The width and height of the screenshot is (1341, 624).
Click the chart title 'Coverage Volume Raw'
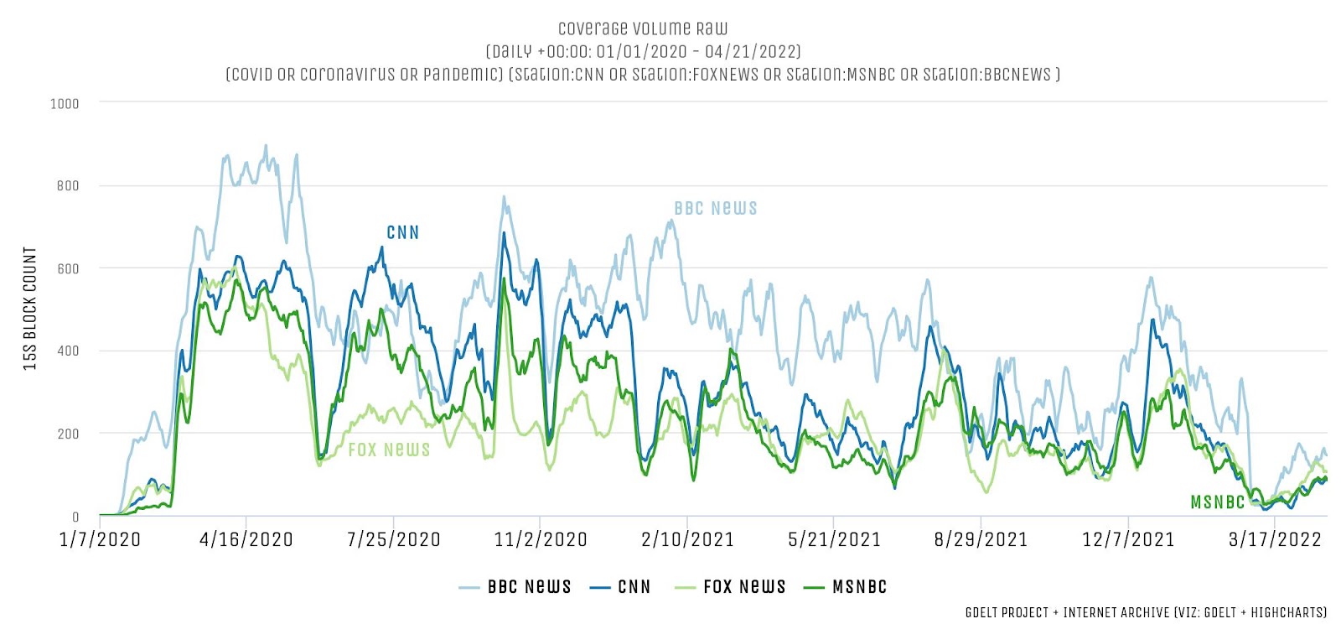tap(643, 29)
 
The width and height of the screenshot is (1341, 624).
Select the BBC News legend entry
tap(515, 587)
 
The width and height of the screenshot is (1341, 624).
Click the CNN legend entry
tap(621, 587)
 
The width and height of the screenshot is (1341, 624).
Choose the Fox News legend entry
tap(731, 587)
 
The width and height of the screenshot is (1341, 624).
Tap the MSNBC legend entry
tap(846, 587)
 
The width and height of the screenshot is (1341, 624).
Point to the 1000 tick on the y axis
tap(65, 104)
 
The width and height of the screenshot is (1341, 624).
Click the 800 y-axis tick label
tap(68, 186)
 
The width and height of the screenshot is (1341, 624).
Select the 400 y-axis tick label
tap(68, 351)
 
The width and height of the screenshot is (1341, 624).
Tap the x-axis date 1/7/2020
tap(100, 539)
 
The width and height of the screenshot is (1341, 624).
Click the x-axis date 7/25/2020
tap(394, 539)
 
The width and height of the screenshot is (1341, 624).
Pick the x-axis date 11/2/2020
tap(541, 539)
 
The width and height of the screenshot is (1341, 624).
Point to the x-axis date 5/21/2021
tap(834, 539)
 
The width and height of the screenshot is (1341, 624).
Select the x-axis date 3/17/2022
tap(1275, 539)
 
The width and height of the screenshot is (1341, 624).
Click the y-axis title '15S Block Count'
tap(30, 309)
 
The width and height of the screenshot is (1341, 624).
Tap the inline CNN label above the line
tap(402, 232)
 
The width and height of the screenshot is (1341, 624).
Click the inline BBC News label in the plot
tap(715, 208)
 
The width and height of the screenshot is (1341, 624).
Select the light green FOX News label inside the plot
tap(389, 450)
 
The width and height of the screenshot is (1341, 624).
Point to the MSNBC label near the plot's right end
tap(1217, 502)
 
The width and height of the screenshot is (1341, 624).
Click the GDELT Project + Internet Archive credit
tap(1145, 613)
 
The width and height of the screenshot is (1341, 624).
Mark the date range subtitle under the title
tap(643, 51)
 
